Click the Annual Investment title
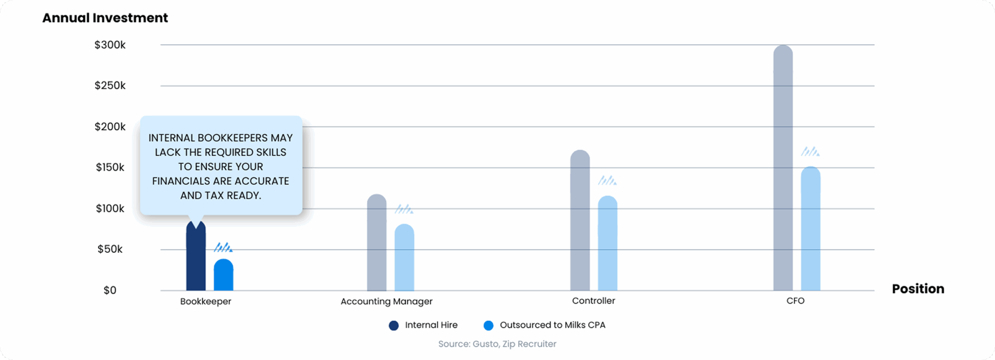point(105,18)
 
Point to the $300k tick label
point(110,45)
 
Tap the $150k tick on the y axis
point(110,168)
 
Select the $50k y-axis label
point(110,249)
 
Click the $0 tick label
point(110,290)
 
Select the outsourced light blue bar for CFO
point(810,229)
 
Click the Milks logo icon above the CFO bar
point(810,151)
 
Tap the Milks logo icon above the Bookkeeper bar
point(223,247)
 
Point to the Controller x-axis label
point(594,301)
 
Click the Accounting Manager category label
point(386,301)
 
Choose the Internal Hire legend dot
point(394,325)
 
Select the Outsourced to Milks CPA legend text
point(552,325)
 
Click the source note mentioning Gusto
point(497,344)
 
